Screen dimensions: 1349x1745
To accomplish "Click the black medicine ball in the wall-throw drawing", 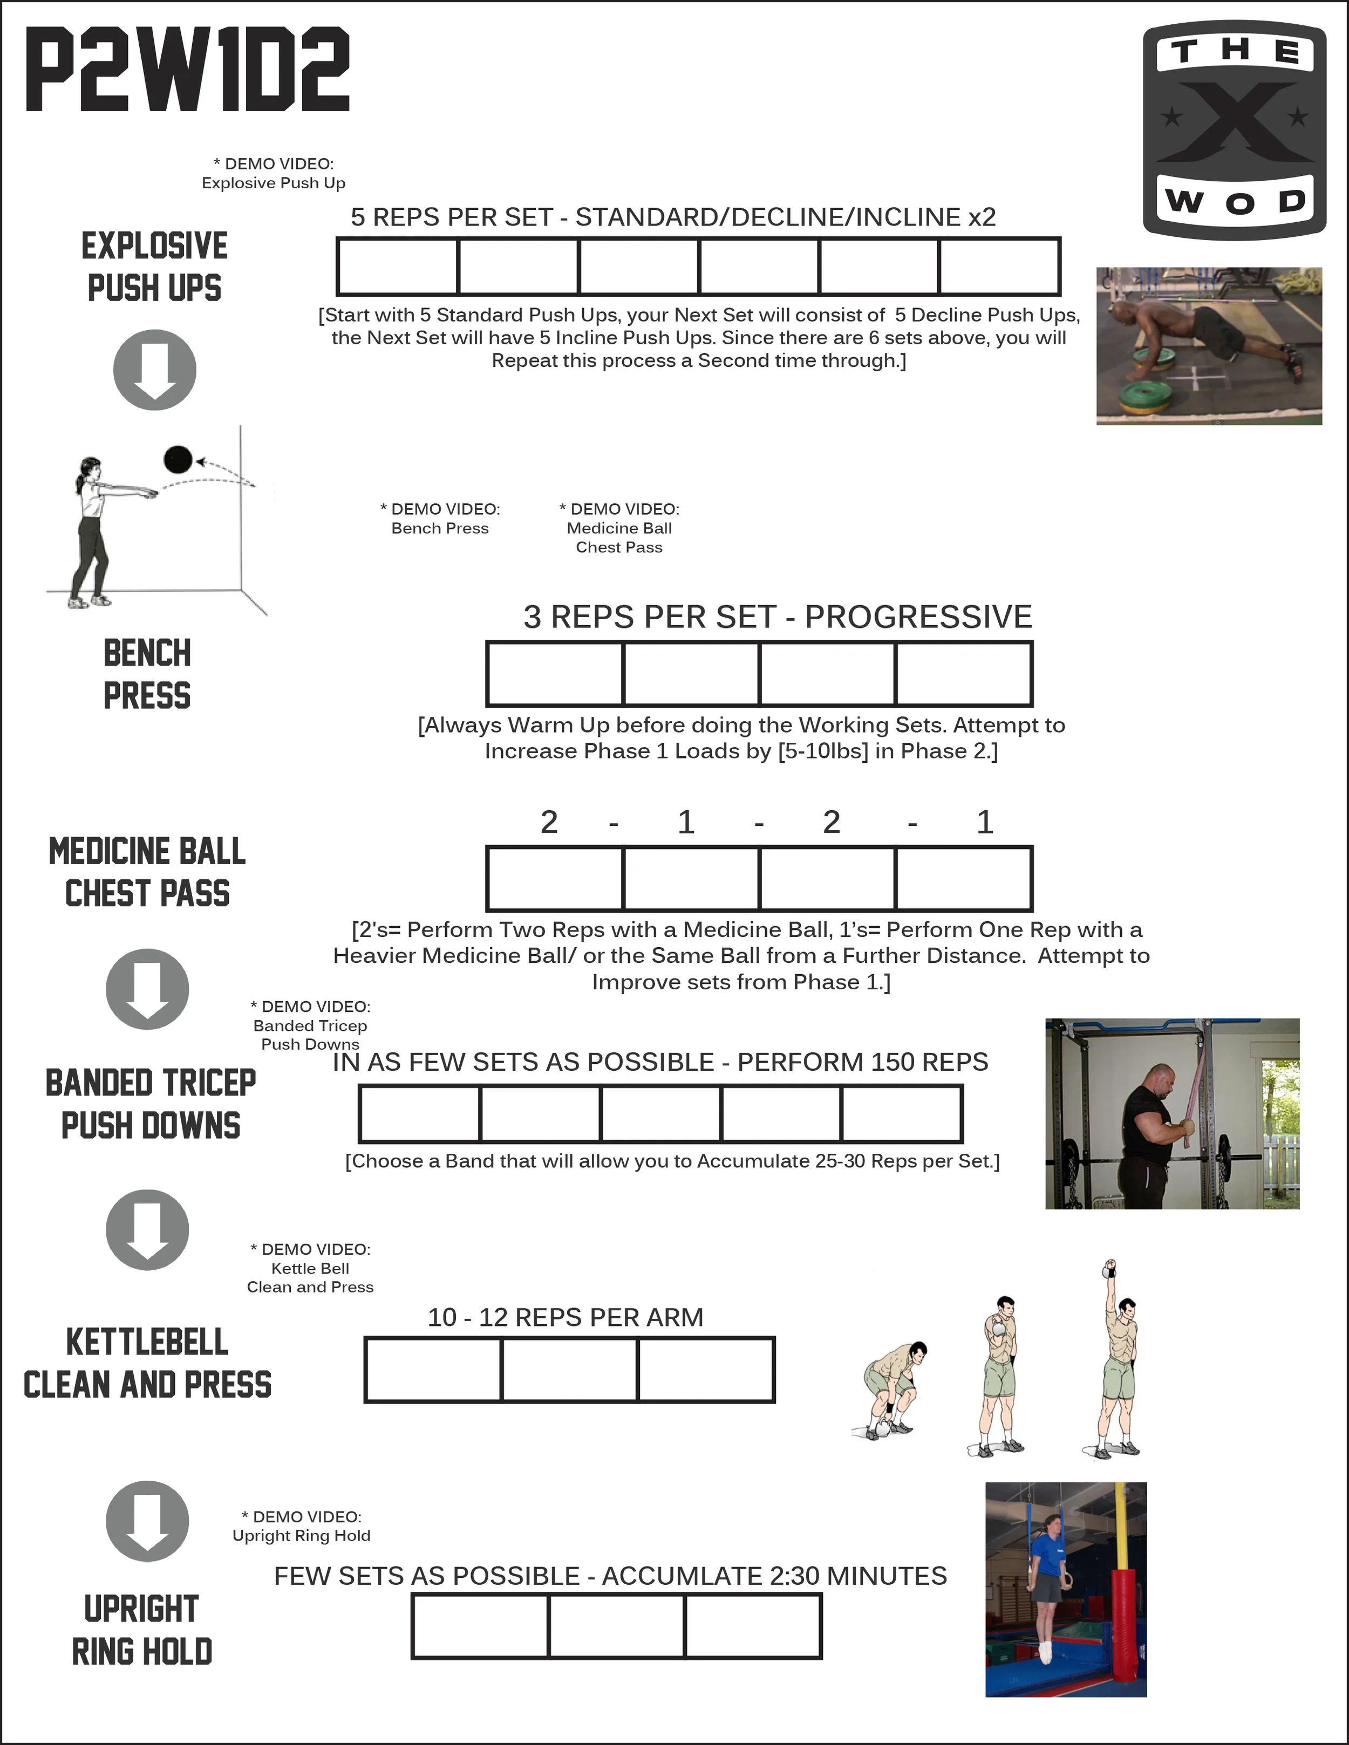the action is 178,460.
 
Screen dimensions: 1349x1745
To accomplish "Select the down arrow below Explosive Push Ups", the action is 155,370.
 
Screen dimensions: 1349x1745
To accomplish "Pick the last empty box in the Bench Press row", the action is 964,674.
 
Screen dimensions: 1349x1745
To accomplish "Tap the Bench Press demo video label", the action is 440,518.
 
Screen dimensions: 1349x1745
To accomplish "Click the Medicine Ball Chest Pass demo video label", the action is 619,528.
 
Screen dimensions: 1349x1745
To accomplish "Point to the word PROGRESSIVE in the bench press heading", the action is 918,617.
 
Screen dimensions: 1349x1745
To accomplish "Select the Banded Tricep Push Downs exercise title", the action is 150,1104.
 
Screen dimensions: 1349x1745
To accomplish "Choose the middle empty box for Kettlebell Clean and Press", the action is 570,1370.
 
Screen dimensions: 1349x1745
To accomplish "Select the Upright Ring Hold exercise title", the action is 142,1630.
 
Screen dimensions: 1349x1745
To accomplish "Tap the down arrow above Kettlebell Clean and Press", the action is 148,1230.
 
